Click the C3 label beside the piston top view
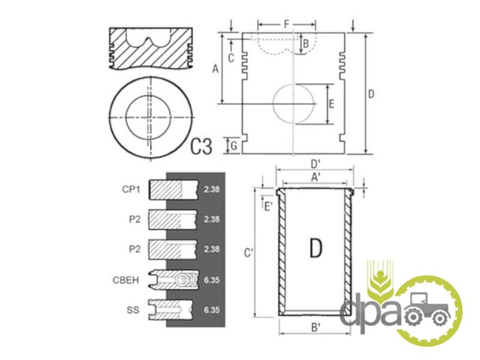coord(201,146)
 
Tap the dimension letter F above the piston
coord(287,24)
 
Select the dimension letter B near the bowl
coord(305,44)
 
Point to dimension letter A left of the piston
coord(216,69)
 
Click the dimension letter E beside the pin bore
coord(331,104)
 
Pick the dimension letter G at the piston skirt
coord(234,146)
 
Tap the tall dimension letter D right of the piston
coord(371,94)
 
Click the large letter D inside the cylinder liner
coord(316,247)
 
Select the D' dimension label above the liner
coord(316,164)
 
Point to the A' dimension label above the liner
coord(316,177)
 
